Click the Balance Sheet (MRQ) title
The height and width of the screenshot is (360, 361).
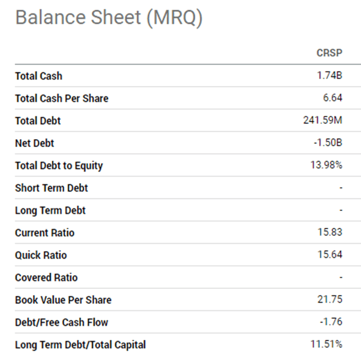[x=109, y=18]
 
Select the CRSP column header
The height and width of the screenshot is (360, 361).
[x=329, y=53]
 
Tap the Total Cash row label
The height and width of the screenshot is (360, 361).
[x=38, y=76]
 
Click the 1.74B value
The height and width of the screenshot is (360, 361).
[x=330, y=75]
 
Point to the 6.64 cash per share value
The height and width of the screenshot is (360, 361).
[x=332, y=98]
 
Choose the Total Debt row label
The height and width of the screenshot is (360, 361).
[x=38, y=121]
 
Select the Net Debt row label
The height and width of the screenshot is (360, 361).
[x=35, y=143]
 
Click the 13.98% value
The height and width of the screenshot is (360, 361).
[x=326, y=165]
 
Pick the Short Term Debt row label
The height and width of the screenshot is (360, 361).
[x=51, y=188]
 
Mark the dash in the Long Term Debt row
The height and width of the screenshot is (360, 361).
[x=341, y=210]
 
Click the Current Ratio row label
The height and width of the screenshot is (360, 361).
[x=45, y=233]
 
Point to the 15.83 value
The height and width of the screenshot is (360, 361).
[x=330, y=233]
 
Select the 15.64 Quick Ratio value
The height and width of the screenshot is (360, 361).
[x=330, y=255]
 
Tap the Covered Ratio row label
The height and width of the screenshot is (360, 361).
[x=46, y=277]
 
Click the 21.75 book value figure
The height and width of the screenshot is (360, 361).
[x=330, y=299]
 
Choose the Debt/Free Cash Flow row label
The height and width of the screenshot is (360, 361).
[x=62, y=322]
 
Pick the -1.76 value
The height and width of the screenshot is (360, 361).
[x=331, y=322]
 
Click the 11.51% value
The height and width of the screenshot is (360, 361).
[x=326, y=344]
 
